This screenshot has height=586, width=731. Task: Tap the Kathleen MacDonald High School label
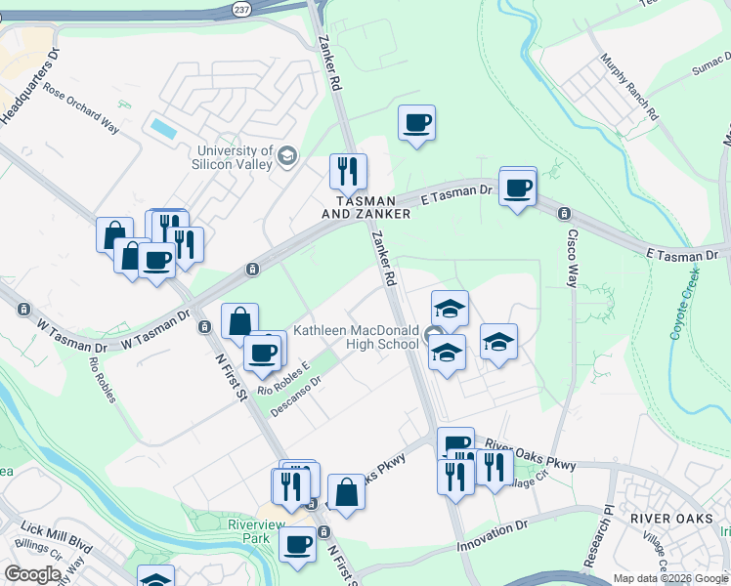pyautogui.click(x=356, y=337)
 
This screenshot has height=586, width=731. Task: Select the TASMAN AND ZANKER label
pyautogui.click(x=366, y=204)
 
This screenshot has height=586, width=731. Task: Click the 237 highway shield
pyautogui.click(x=240, y=8)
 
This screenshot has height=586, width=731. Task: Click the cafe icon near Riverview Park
pyautogui.click(x=297, y=543)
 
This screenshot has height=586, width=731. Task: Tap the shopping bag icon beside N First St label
pyautogui.click(x=346, y=492)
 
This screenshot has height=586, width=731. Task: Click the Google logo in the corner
pyautogui.click(x=32, y=574)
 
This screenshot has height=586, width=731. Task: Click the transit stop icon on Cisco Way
pyautogui.click(x=563, y=213)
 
